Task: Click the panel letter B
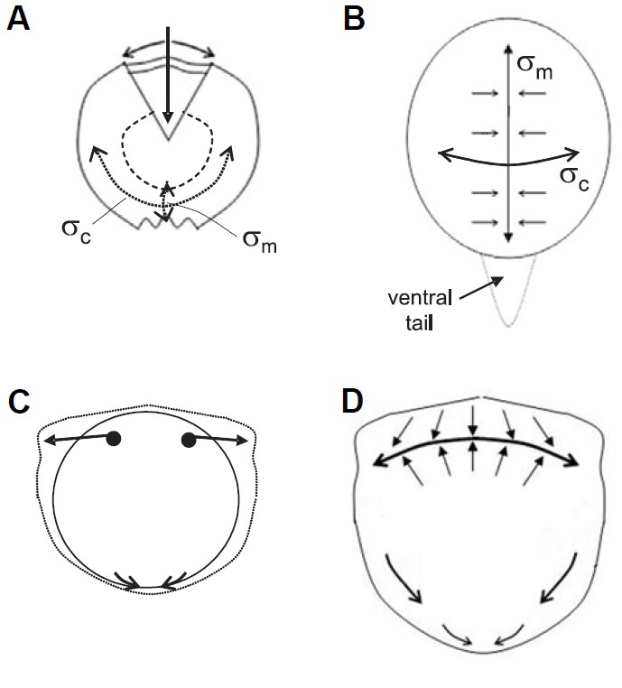point(357,19)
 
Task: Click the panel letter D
point(357,399)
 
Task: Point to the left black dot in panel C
point(114,440)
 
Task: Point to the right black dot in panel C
point(189,440)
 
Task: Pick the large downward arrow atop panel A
point(168,72)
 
